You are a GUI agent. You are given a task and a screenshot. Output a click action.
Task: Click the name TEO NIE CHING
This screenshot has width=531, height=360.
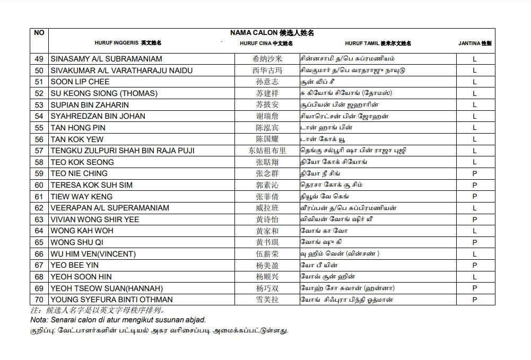[x=79, y=173]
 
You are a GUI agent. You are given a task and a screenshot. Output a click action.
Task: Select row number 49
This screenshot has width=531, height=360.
[x=39, y=59]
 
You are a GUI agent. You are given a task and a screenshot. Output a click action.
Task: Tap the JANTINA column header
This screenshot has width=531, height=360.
[x=474, y=43]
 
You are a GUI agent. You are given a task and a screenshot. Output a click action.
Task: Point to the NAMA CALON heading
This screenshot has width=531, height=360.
[x=272, y=33]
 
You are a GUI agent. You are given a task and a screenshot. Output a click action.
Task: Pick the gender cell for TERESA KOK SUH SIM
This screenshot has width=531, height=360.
[x=475, y=185]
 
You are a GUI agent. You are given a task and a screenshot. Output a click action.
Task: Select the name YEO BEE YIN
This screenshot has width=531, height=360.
[x=75, y=265]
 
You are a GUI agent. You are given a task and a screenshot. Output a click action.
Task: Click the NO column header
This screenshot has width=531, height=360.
[x=39, y=33]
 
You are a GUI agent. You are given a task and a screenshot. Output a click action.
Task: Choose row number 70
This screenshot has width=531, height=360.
[x=39, y=300]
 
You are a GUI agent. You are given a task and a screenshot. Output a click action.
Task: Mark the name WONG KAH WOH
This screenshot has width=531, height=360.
[x=82, y=231]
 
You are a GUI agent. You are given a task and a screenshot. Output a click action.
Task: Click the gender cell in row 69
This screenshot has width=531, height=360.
[x=475, y=288]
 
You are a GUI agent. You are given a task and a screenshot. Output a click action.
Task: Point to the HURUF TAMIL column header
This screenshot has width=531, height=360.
[x=378, y=43]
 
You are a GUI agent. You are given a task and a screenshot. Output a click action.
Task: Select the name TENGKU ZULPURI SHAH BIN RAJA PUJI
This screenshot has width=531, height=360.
[x=123, y=151]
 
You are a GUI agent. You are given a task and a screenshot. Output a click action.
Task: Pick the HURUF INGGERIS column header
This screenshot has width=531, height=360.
[x=128, y=43]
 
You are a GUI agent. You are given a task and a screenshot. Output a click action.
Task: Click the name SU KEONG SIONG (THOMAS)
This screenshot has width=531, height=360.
[x=104, y=93]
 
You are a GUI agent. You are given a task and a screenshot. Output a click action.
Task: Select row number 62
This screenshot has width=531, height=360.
[x=39, y=208]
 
